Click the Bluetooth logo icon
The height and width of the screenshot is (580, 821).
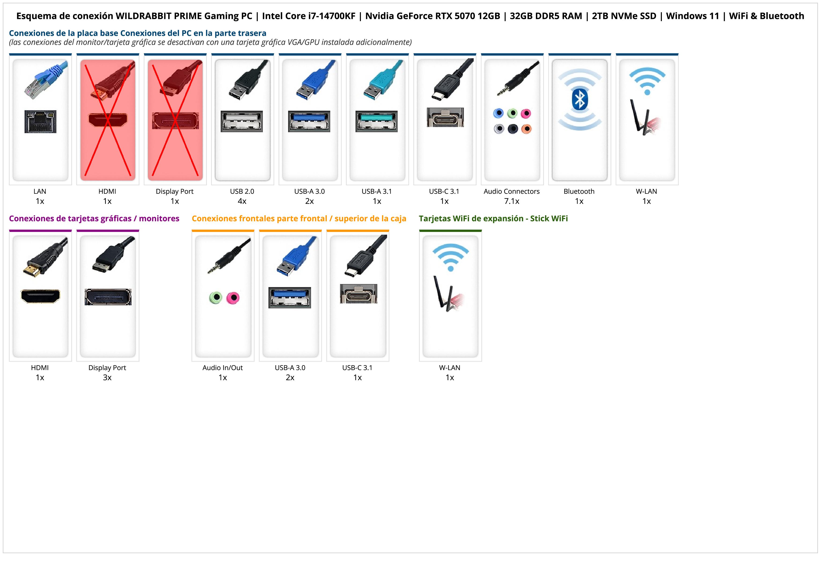(x=580, y=99)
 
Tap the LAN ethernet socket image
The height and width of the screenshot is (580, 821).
(x=40, y=121)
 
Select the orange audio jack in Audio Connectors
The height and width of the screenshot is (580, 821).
(x=526, y=129)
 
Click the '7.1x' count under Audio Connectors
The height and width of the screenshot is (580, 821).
(x=512, y=201)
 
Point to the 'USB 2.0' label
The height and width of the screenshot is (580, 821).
(x=242, y=191)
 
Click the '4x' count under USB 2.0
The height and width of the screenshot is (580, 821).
(x=242, y=201)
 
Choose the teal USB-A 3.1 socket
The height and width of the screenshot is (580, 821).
(x=377, y=121)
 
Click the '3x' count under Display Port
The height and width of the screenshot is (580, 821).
(x=107, y=377)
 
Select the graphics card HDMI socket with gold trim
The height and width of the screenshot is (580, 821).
(x=40, y=296)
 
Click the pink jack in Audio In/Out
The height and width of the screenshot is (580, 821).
(x=233, y=297)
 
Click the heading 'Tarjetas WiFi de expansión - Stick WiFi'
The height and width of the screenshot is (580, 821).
(x=493, y=218)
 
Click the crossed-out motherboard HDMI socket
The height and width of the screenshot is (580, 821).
(x=108, y=120)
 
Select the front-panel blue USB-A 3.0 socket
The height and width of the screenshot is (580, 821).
(x=290, y=297)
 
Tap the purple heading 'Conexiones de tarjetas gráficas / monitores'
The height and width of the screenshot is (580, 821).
(x=94, y=218)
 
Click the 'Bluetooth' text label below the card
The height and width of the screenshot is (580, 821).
(x=579, y=191)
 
